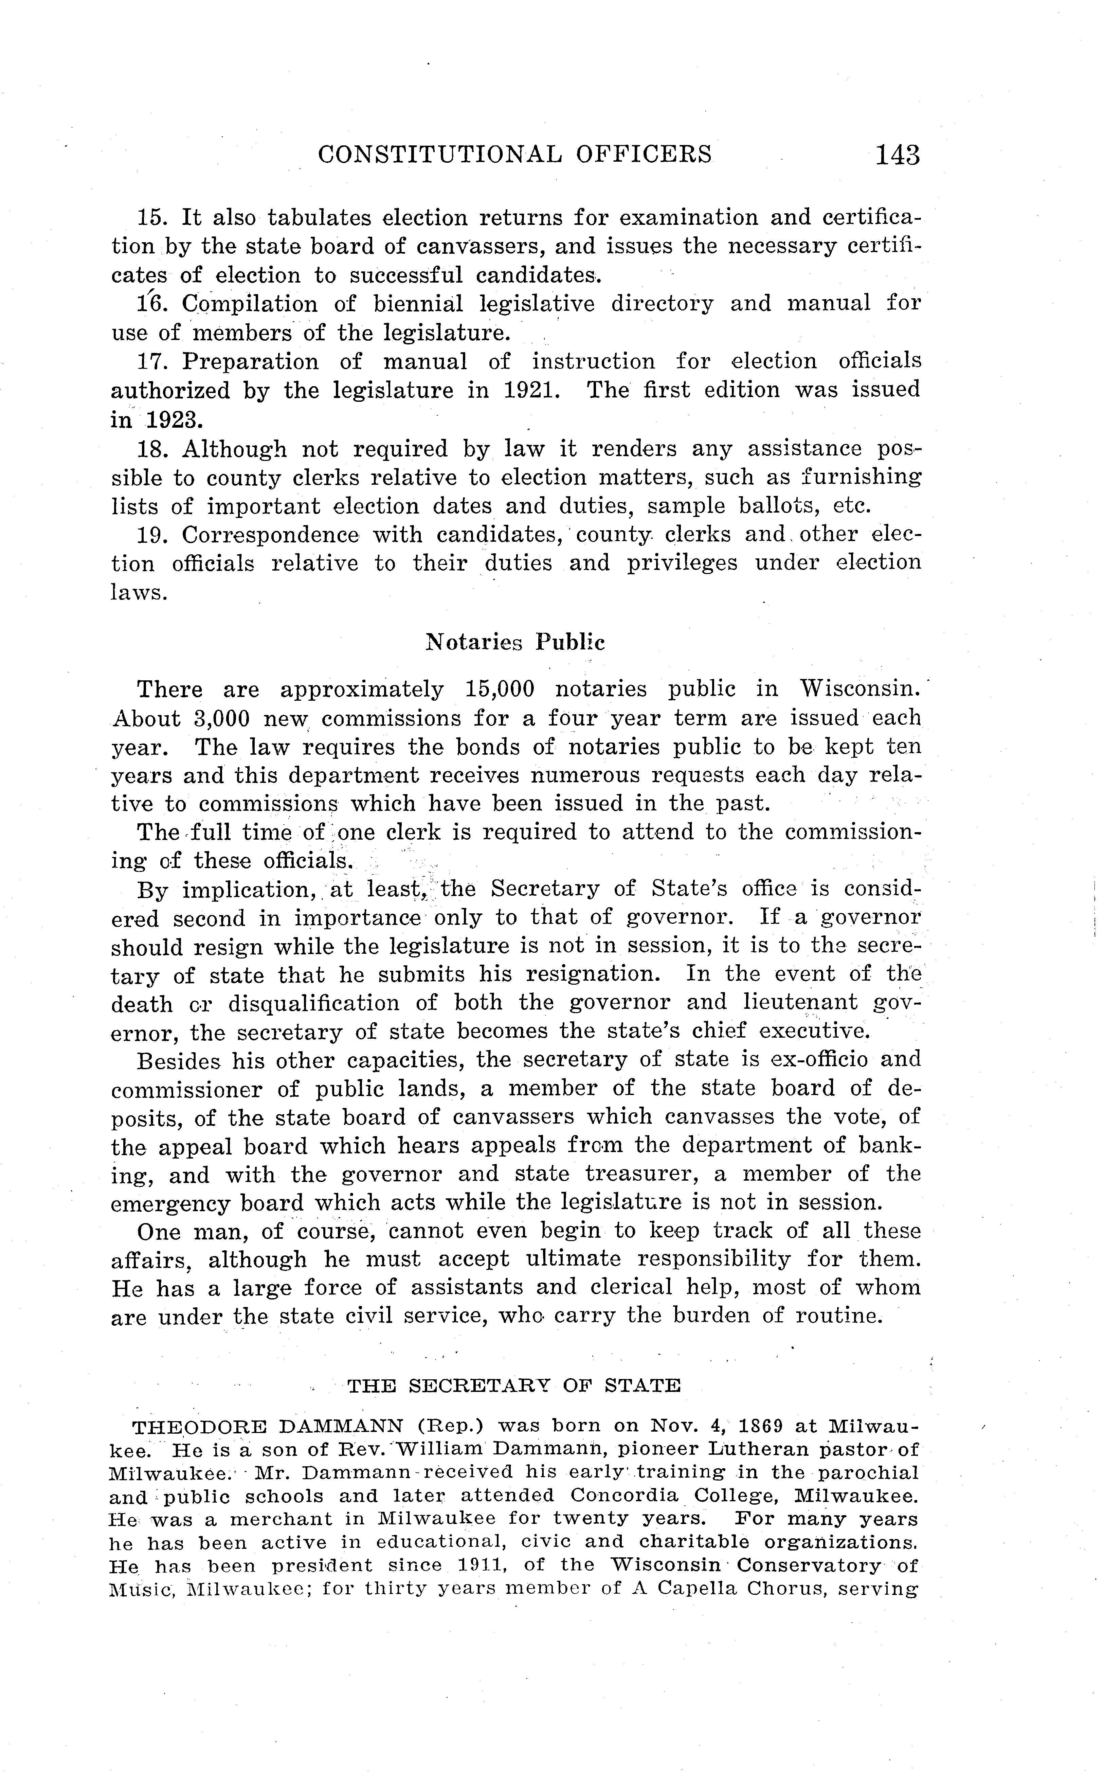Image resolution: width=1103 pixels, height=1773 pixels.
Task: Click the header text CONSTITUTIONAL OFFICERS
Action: coord(515,154)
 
